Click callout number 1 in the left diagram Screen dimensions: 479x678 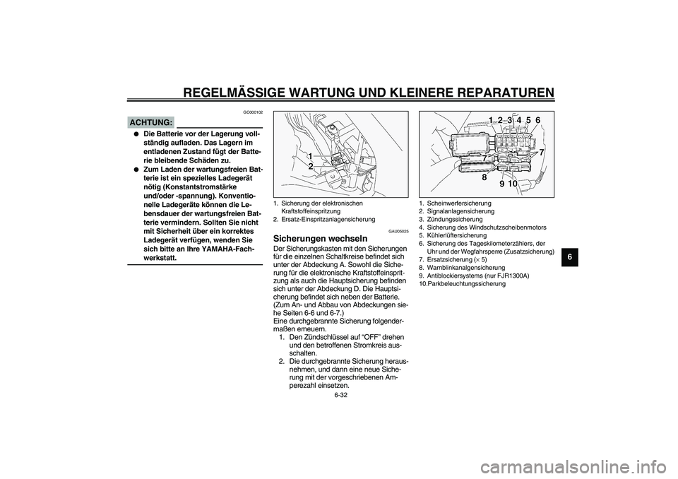310,155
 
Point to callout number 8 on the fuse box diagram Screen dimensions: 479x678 486,177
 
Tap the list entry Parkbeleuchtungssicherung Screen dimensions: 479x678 466,283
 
